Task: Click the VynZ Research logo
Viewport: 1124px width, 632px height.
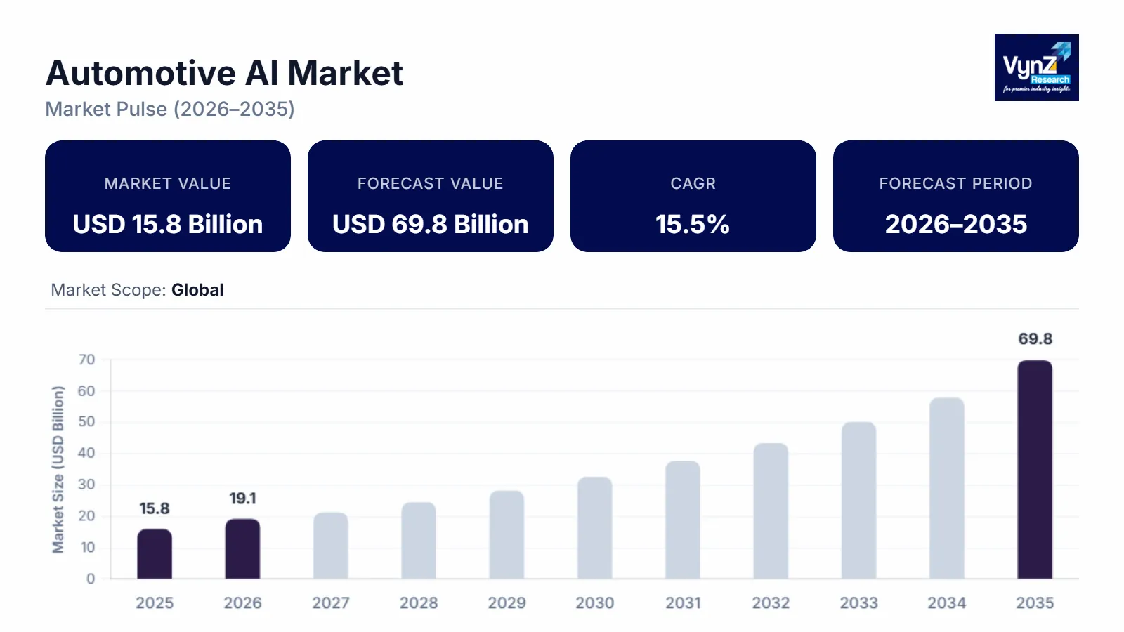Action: pyautogui.click(x=1036, y=67)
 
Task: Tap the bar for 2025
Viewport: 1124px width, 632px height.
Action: pyautogui.click(x=155, y=554)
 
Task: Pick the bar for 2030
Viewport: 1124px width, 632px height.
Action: pyautogui.click(x=595, y=528)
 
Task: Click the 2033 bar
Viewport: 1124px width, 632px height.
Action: pyautogui.click(x=858, y=501)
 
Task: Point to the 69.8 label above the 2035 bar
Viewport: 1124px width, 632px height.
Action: pyautogui.click(x=1035, y=339)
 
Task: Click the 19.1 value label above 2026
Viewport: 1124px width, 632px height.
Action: pyautogui.click(x=242, y=499)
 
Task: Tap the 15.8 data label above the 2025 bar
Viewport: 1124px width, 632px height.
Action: pyautogui.click(x=155, y=508)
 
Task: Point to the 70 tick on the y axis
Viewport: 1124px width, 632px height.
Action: pyautogui.click(x=86, y=360)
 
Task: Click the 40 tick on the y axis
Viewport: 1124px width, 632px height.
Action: pyautogui.click(x=86, y=453)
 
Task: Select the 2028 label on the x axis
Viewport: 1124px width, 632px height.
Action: pyautogui.click(x=419, y=603)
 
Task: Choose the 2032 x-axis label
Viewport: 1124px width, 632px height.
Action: pyautogui.click(x=771, y=603)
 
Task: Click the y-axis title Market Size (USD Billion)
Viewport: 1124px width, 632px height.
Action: pyautogui.click(x=58, y=469)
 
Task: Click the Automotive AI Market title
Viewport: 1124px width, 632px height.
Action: pyautogui.click(x=224, y=74)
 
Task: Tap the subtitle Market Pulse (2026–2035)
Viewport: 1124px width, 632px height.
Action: pyautogui.click(x=170, y=110)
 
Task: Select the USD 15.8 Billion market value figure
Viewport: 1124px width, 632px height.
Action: pyautogui.click(x=168, y=225)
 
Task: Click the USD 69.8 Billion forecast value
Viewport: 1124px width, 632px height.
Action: pyautogui.click(x=431, y=225)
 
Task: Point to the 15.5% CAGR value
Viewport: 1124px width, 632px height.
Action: pyautogui.click(x=693, y=225)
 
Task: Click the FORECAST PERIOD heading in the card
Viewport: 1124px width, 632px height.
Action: pyautogui.click(x=955, y=184)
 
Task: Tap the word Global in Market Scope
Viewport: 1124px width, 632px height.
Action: pyautogui.click(x=197, y=290)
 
